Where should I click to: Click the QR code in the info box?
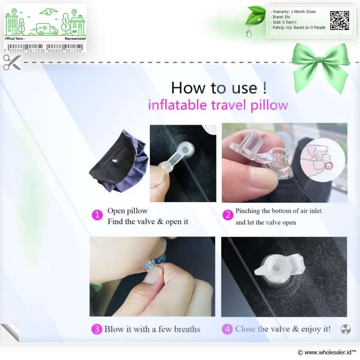click(340, 20)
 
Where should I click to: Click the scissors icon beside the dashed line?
click(12, 62)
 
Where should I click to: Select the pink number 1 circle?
click(97, 215)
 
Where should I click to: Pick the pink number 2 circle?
click(228, 215)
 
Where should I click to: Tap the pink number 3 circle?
click(97, 329)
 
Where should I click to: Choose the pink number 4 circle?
click(227, 329)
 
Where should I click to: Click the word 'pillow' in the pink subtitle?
click(269, 105)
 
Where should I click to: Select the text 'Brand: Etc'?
click(282, 17)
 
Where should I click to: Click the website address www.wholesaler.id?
click(328, 352)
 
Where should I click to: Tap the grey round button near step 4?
click(346, 329)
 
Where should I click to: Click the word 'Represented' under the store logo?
click(75, 39)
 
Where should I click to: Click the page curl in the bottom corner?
click(10, 333)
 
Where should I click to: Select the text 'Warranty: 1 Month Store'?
click(294, 12)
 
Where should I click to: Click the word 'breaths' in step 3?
click(187, 329)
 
